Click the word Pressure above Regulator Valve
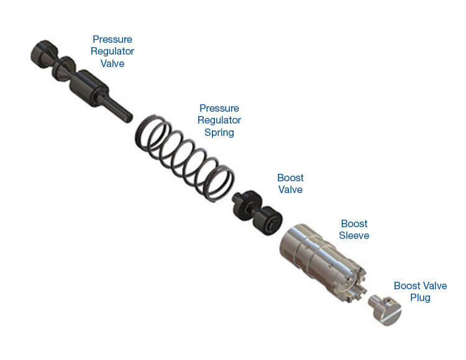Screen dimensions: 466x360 (x=112, y=39)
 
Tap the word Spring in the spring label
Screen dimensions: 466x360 (x=219, y=132)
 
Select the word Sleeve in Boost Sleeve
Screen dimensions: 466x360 (x=354, y=235)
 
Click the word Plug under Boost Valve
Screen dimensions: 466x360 (x=420, y=298)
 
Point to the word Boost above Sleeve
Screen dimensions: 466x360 (x=354, y=223)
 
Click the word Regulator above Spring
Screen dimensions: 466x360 (x=219, y=120)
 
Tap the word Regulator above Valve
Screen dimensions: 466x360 (x=112, y=52)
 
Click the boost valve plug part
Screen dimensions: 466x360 (x=385, y=310)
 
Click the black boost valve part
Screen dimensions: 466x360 (x=257, y=212)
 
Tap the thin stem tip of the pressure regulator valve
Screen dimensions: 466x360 (x=129, y=118)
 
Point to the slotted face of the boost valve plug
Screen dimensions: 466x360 (x=391, y=315)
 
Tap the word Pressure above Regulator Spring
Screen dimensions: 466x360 (x=219, y=108)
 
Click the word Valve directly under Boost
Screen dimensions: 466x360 (x=290, y=189)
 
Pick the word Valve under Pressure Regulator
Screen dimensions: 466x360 (x=112, y=63)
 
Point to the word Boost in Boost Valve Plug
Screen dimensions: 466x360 (x=407, y=286)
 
